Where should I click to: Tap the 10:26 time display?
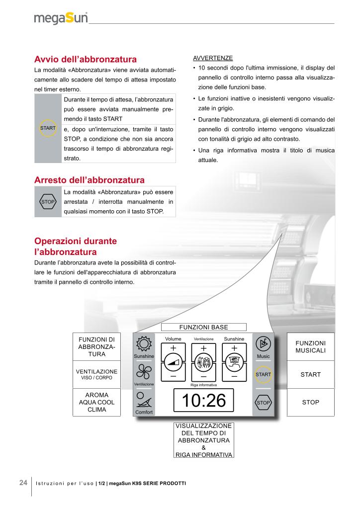pos(204,401)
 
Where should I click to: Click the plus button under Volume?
pos(173,348)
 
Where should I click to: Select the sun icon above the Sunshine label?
pos(144,344)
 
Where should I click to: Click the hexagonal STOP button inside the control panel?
pos(263,402)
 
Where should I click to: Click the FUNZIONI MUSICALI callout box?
pos(310,347)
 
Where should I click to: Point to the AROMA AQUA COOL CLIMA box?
pos(97,402)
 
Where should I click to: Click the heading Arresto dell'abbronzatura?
pos(90,180)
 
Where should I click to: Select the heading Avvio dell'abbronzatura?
pos(86,60)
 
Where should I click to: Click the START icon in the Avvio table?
pos(48,128)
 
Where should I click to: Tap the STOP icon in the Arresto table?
pos(48,202)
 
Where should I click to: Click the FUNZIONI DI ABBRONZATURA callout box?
pos(97,347)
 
